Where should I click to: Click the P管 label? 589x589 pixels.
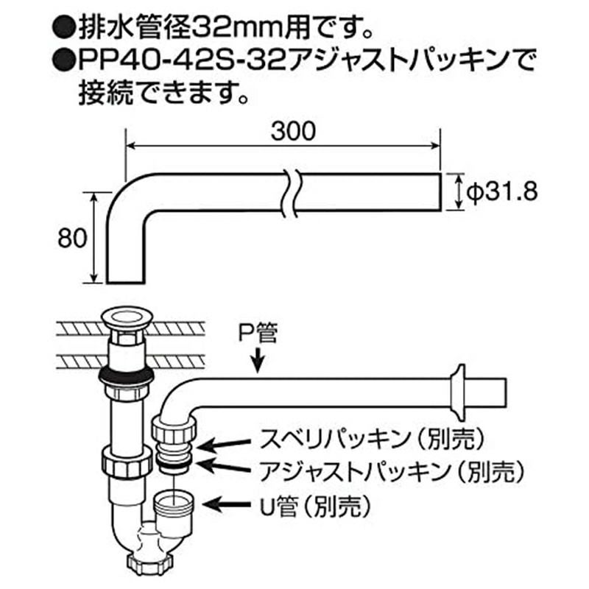tap(258, 336)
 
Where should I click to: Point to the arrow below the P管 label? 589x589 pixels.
tap(257, 360)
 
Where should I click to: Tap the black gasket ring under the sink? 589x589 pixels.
tap(126, 375)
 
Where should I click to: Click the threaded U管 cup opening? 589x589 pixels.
tap(176, 504)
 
